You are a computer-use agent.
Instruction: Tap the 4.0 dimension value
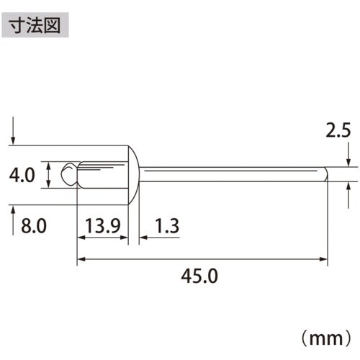[23, 175]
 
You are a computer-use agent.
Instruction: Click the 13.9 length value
[101, 227]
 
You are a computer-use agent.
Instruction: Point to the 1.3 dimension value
[166, 227]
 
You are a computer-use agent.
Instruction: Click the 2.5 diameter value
[338, 131]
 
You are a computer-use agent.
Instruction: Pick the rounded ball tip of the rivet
[68, 174]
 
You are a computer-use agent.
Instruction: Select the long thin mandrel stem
[230, 174]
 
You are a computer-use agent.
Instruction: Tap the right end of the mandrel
[325, 174]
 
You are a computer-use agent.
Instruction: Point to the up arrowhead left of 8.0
[14, 210]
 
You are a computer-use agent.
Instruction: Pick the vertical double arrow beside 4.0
[48, 175]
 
